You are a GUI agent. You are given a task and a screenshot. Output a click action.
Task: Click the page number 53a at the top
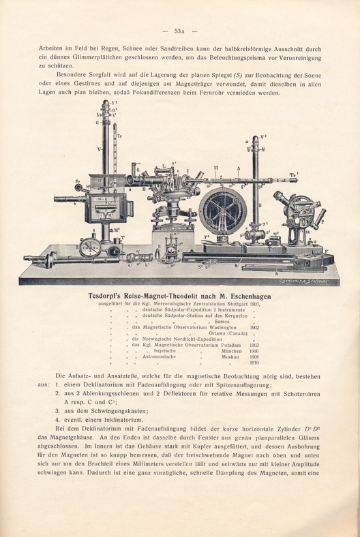point(180,31)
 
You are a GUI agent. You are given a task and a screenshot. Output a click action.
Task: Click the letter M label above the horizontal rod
point(216,168)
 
